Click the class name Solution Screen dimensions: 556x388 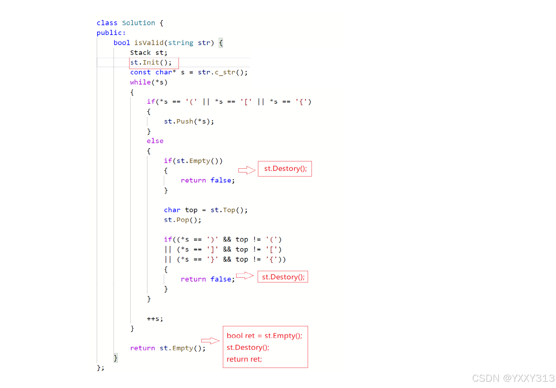click(x=138, y=23)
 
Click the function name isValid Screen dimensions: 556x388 click(x=149, y=43)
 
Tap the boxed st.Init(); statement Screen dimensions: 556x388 click(x=151, y=63)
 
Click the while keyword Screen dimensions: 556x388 click(x=140, y=82)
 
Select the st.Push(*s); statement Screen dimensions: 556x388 click(x=189, y=121)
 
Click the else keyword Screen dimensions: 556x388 click(x=155, y=141)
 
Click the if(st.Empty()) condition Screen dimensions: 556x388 click(x=193, y=161)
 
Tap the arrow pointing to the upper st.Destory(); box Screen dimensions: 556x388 click(x=247, y=170)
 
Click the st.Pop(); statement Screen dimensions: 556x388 click(x=182, y=220)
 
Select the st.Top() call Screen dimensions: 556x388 click(x=229, y=210)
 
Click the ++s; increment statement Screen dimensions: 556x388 click(x=155, y=319)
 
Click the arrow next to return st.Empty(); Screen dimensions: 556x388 click(x=210, y=341)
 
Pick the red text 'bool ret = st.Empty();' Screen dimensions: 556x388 click(x=264, y=336)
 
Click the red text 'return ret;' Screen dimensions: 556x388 click(x=244, y=359)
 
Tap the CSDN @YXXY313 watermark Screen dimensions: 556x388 click(x=513, y=378)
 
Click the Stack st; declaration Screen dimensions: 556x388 click(x=149, y=53)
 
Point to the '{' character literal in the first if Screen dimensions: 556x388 click(x=302, y=102)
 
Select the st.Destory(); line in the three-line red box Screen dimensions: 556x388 click(x=248, y=348)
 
